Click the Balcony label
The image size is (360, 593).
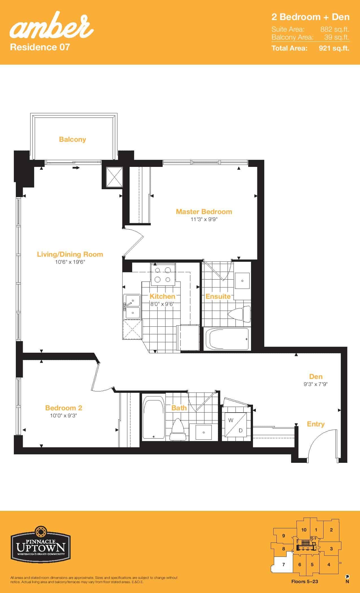[72, 139]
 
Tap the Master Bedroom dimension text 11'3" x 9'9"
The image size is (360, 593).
[204, 219]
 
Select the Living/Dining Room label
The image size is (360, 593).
[70, 254]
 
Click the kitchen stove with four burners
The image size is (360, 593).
[163, 275]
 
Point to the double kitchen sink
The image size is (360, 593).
[132, 307]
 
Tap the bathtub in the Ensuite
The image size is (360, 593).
[227, 339]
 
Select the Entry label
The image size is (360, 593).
[316, 424]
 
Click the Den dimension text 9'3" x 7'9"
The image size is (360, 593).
[316, 384]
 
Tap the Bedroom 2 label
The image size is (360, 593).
[64, 408]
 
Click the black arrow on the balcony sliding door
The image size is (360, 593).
[76, 168]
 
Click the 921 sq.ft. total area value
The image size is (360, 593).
[334, 48]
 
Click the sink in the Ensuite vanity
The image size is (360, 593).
[242, 281]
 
